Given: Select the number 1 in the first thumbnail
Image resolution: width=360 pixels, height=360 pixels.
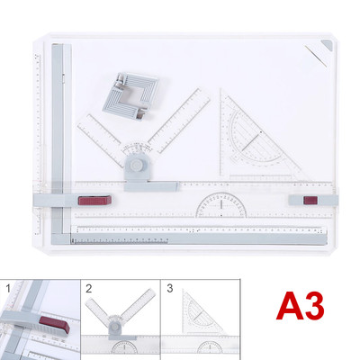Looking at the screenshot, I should pos(6,287).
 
